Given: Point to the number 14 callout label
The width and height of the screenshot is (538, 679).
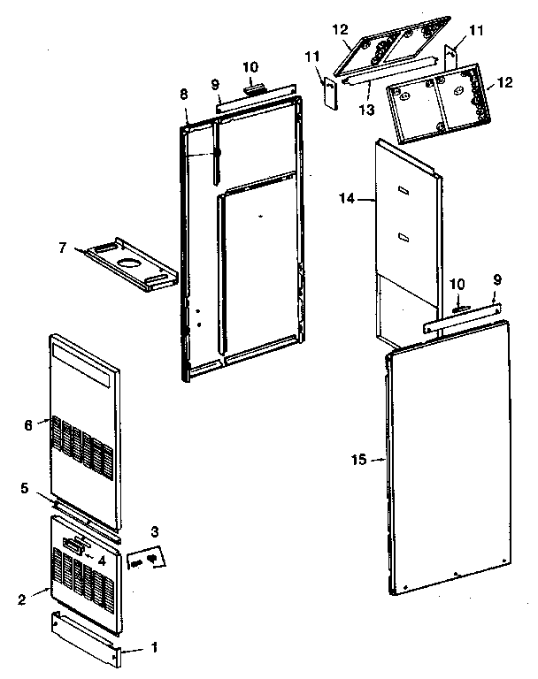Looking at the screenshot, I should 346,201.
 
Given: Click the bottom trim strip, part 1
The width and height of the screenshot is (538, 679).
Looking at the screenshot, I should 86,637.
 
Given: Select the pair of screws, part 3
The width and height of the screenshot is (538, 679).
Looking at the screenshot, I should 146,561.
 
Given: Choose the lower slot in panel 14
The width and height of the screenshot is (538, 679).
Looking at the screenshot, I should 403,235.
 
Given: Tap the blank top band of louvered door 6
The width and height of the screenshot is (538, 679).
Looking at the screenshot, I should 84,362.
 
